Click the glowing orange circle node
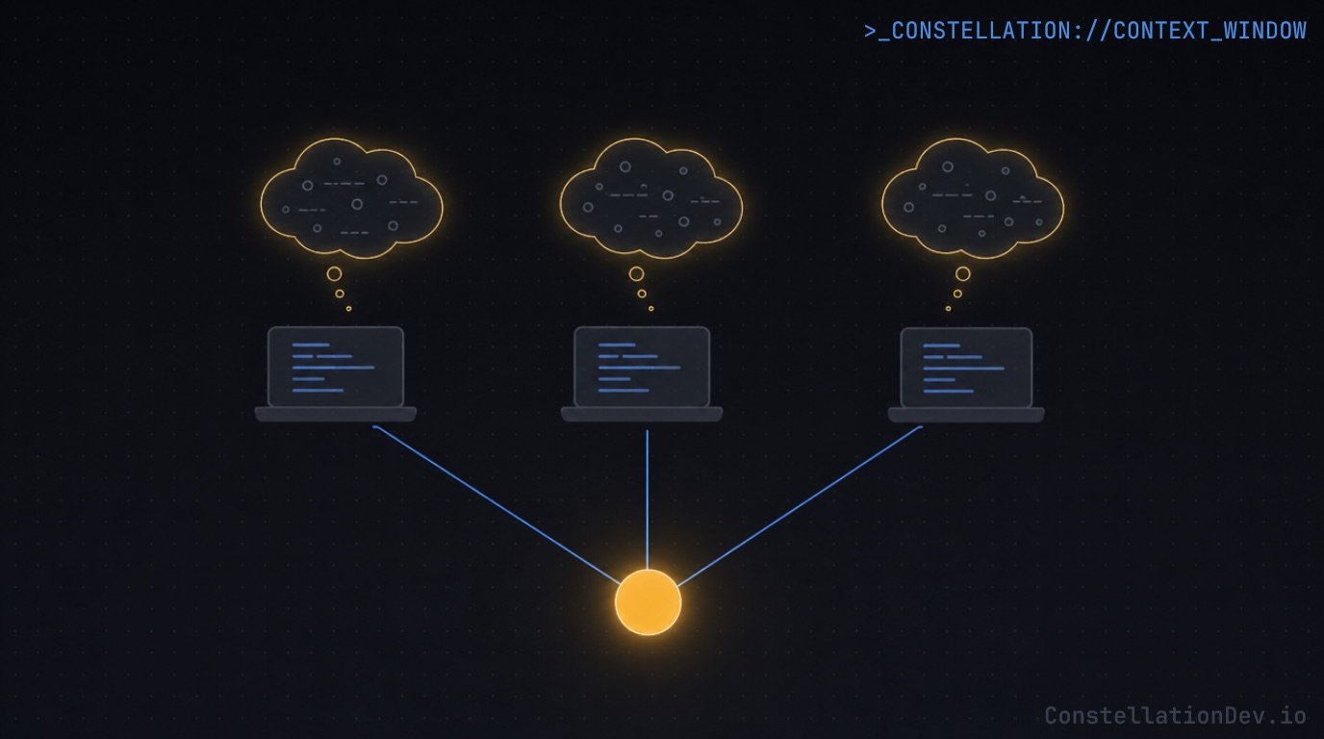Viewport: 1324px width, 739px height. (x=648, y=602)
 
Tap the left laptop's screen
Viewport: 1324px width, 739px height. (x=335, y=367)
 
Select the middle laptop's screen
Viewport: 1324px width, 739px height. (x=642, y=367)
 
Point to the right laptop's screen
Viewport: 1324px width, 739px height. (x=966, y=368)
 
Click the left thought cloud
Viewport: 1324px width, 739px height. (x=351, y=200)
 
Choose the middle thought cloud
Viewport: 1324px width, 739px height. (x=651, y=200)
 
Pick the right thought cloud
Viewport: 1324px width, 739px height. (x=973, y=200)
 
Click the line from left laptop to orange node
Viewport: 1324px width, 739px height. (x=496, y=502)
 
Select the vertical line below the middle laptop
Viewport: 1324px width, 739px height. (x=648, y=500)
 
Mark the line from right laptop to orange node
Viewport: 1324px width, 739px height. (x=799, y=503)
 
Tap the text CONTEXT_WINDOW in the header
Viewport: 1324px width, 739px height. (x=1209, y=31)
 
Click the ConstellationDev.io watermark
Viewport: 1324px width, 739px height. (x=1175, y=715)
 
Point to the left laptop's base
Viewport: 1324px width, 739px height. (x=335, y=414)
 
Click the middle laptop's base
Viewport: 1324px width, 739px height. (x=642, y=414)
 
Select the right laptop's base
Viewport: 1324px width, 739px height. (x=966, y=415)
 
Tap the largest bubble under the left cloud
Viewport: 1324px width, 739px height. (x=334, y=273)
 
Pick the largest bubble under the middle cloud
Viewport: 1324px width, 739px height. (x=636, y=273)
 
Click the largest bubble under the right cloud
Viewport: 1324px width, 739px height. (x=962, y=273)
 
